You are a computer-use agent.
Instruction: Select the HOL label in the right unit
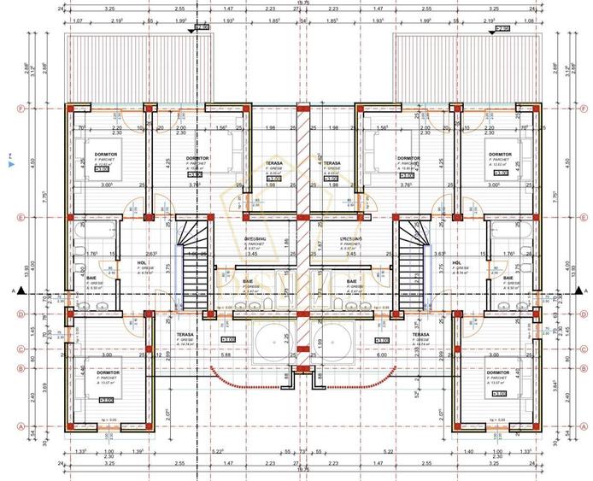(x=456, y=263)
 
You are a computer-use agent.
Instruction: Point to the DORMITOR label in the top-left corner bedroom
(x=106, y=154)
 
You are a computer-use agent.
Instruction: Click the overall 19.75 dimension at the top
(x=302, y=4)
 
